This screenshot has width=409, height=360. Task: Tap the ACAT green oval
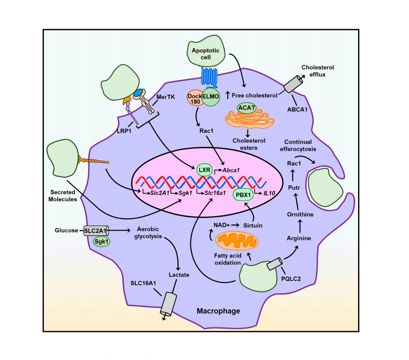(x=247, y=108)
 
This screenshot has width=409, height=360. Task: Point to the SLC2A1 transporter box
(x=95, y=230)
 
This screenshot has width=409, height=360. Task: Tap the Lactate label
(x=179, y=275)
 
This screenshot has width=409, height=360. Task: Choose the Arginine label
(x=299, y=238)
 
